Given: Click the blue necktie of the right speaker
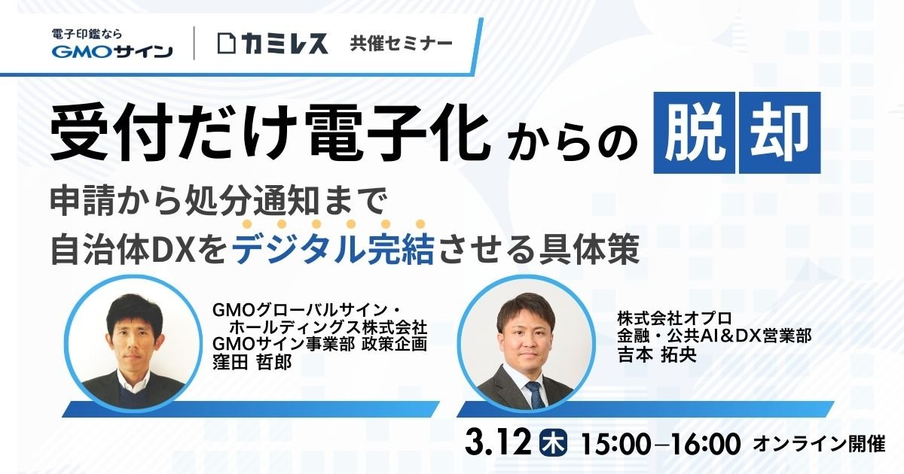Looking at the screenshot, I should pos(536,392).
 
